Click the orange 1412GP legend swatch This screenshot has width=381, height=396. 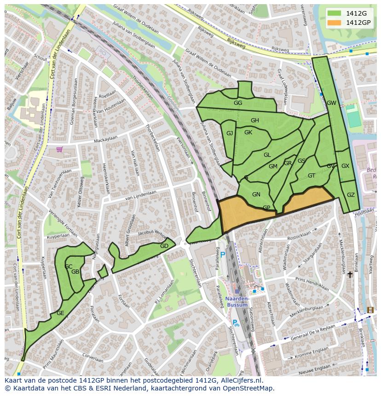(335, 23)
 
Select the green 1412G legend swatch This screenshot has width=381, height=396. (335, 13)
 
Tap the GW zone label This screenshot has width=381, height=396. (331, 103)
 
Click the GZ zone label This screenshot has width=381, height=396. (351, 195)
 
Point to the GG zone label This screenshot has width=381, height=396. (237, 103)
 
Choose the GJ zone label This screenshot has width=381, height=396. (230, 133)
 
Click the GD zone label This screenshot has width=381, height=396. (164, 246)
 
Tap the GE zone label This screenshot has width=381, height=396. (60, 313)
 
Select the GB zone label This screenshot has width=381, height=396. (75, 272)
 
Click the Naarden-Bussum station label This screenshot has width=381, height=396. (237, 301)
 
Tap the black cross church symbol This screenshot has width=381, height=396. (350, 275)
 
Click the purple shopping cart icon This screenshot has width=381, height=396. (59, 149)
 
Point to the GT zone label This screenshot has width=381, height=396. (312, 176)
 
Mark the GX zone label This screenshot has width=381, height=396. (345, 166)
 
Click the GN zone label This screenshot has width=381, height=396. (256, 195)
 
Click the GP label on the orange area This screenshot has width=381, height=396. (266, 208)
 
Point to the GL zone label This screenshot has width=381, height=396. (267, 155)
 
